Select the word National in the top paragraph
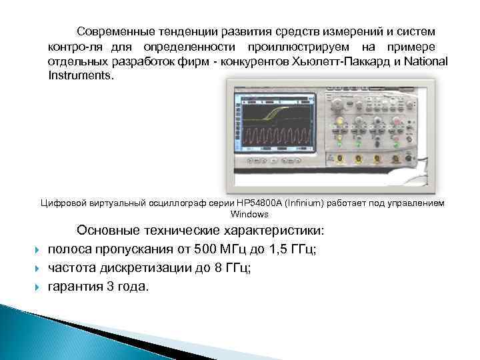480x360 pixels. [426, 61]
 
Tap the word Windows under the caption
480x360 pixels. [249, 215]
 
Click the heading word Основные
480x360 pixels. [107, 231]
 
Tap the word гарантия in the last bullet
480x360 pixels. [75, 287]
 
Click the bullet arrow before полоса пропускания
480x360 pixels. [37, 250]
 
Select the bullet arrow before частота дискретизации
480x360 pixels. [37, 269]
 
